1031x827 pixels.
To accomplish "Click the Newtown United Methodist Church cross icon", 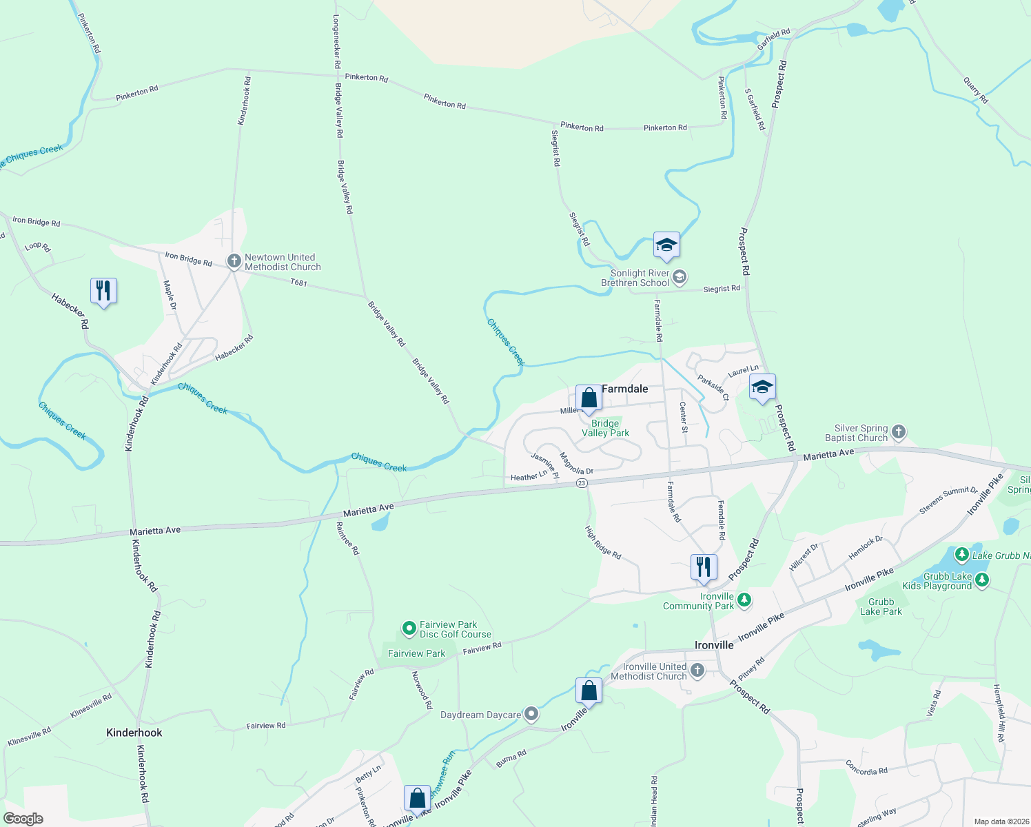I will [234, 262].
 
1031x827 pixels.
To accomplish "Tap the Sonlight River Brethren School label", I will [635, 278].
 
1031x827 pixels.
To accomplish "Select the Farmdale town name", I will [624, 389].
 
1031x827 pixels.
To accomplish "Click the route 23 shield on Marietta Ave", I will [582, 484].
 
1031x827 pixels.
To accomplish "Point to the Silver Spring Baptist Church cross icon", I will [898, 432].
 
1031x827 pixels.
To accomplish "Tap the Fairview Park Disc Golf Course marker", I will [409, 629].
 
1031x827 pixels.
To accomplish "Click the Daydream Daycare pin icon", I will [531, 715].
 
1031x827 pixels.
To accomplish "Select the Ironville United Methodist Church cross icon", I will [697, 671].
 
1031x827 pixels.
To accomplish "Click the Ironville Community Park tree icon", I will [744, 600].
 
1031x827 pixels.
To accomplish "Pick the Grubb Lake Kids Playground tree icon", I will [982, 580].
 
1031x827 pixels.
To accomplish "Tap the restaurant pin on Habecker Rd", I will [103, 291].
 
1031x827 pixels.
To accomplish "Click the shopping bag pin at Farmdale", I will [589, 398].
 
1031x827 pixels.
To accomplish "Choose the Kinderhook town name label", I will [134, 733].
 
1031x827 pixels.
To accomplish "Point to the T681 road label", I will [298, 283].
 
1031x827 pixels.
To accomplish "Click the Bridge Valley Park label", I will [605, 428].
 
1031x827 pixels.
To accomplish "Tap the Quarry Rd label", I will [976, 90].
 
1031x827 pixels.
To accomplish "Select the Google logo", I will [23, 819].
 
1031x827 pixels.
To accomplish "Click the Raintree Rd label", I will [347, 538].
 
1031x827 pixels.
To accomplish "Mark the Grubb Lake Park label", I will [881, 606].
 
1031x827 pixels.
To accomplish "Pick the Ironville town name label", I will [714, 645].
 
